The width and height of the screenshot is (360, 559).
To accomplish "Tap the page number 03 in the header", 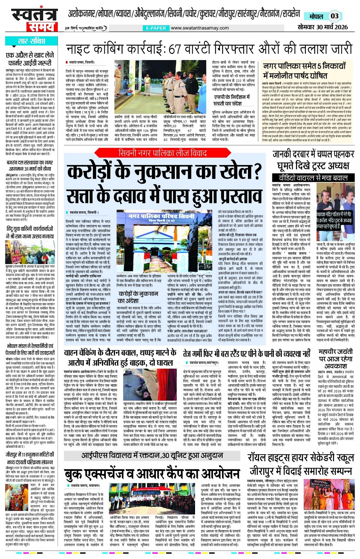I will tap(334, 16).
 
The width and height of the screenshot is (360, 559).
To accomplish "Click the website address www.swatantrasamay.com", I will tap(200, 28).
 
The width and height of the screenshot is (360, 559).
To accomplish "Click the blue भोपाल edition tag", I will tap(316, 16).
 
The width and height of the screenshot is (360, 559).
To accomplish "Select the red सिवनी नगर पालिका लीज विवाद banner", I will tap(163, 153).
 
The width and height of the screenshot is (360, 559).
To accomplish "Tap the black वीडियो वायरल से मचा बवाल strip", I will tap(308, 178).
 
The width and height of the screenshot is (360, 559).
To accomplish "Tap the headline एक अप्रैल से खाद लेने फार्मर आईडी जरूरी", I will tap(30, 58).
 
